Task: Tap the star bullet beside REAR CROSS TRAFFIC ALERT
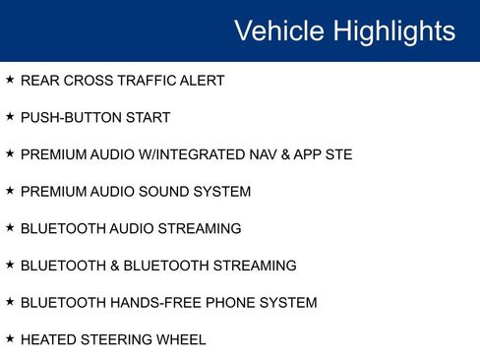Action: tap(10, 80)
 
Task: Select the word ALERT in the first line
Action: tap(202, 81)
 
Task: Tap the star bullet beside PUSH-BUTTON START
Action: tap(10, 117)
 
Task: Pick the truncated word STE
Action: tap(336, 155)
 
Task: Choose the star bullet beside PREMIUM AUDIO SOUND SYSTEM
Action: tap(10, 191)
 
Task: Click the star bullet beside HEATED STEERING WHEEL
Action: tap(10, 339)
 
